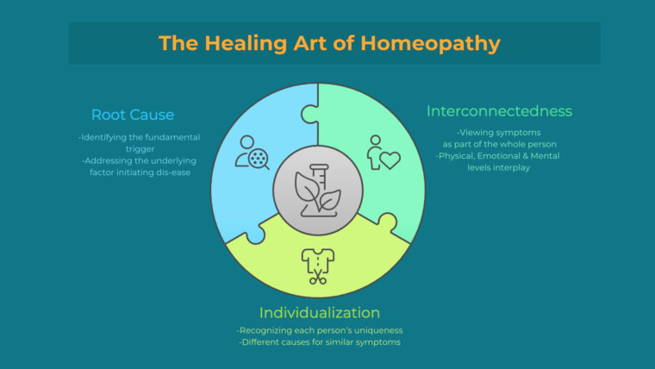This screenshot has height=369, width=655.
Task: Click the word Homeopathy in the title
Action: click(x=430, y=44)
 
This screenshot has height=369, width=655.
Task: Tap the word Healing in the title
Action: click(x=246, y=44)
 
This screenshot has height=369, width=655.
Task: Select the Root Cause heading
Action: click(x=133, y=115)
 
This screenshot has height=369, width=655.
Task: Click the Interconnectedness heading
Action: click(x=499, y=111)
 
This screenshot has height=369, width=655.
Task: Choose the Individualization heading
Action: click(x=320, y=313)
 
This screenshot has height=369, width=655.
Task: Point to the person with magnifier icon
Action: click(x=252, y=152)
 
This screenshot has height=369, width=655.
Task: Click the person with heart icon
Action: click(x=384, y=153)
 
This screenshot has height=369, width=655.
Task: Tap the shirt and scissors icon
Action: click(x=318, y=266)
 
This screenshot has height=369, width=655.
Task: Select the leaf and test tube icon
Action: click(x=318, y=191)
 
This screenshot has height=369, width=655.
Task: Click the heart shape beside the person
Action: click(x=390, y=160)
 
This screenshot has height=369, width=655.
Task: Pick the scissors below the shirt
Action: click(x=318, y=277)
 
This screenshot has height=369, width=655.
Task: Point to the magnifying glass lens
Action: click(x=258, y=159)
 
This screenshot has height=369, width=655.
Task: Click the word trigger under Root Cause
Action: click(x=140, y=149)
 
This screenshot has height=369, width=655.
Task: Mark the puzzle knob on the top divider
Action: click(x=309, y=114)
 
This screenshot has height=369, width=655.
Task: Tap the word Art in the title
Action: click(x=309, y=44)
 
